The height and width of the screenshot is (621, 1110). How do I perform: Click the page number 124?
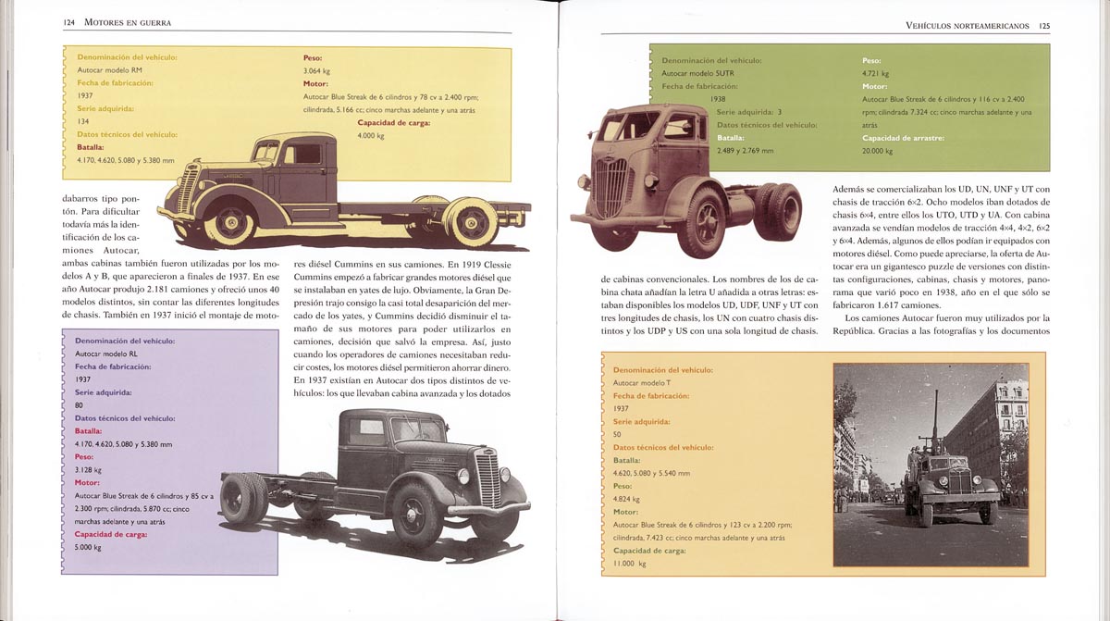[69, 21]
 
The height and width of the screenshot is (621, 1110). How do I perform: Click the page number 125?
[1043, 26]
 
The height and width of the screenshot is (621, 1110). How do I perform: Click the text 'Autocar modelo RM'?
[110, 70]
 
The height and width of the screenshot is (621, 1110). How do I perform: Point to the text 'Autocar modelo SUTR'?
[697, 73]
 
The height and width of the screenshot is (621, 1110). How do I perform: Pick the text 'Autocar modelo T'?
[642, 382]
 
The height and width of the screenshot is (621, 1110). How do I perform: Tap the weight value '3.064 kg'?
[316, 70]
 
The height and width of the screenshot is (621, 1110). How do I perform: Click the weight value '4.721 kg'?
[875, 73]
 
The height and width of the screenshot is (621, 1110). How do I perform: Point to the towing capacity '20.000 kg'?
[878, 151]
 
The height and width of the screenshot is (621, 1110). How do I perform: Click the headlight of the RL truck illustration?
[463, 476]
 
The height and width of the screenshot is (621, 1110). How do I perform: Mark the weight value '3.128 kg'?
[89, 469]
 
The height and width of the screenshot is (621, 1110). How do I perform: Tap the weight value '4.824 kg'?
[627, 499]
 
